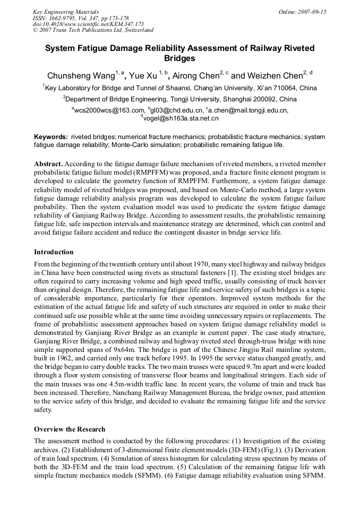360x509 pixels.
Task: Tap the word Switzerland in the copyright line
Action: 138,30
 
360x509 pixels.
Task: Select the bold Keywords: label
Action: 51,137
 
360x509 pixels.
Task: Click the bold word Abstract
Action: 49,165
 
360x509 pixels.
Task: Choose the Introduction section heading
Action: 54,252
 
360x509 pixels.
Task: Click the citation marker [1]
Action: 225,272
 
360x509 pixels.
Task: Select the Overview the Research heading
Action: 70,429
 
